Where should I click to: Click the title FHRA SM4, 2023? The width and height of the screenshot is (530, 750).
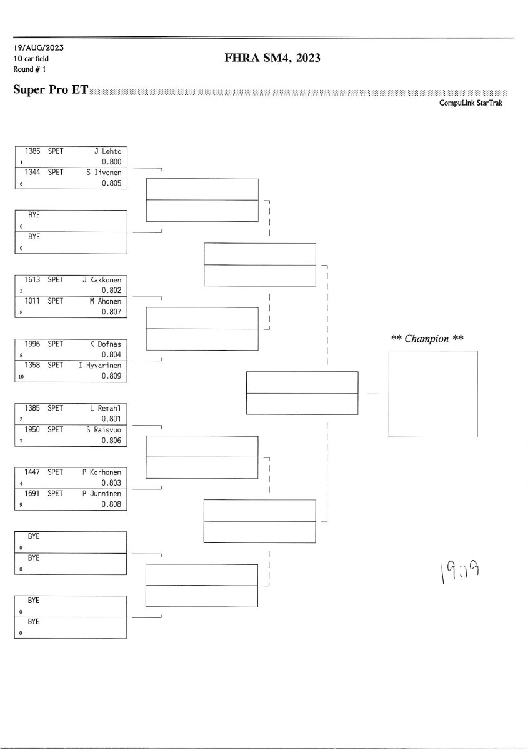click(x=272, y=59)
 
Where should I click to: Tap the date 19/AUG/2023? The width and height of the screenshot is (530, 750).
click(x=38, y=47)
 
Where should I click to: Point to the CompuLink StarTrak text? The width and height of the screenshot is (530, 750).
click(x=471, y=103)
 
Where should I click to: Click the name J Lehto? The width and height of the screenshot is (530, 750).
click(x=107, y=151)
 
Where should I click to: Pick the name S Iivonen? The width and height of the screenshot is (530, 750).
click(x=104, y=172)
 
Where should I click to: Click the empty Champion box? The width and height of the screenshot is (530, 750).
click(x=433, y=394)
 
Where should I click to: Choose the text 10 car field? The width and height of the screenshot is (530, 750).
click(x=31, y=58)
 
